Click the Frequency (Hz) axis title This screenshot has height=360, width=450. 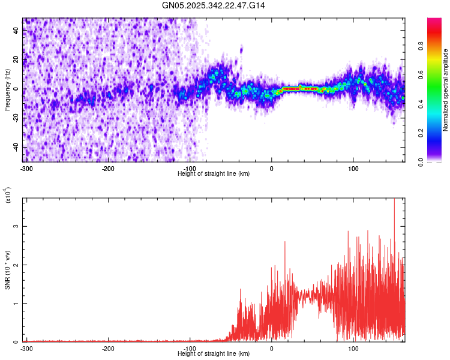(x=7, y=89)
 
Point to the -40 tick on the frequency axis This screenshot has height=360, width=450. (x=16, y=147)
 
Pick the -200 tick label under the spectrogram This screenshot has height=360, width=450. (x=108, y=167)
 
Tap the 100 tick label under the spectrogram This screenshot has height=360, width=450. (x=353, y=167)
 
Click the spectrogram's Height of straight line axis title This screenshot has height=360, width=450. (x=214, y=173)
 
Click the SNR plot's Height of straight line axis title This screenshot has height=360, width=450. (x=214, y=354)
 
